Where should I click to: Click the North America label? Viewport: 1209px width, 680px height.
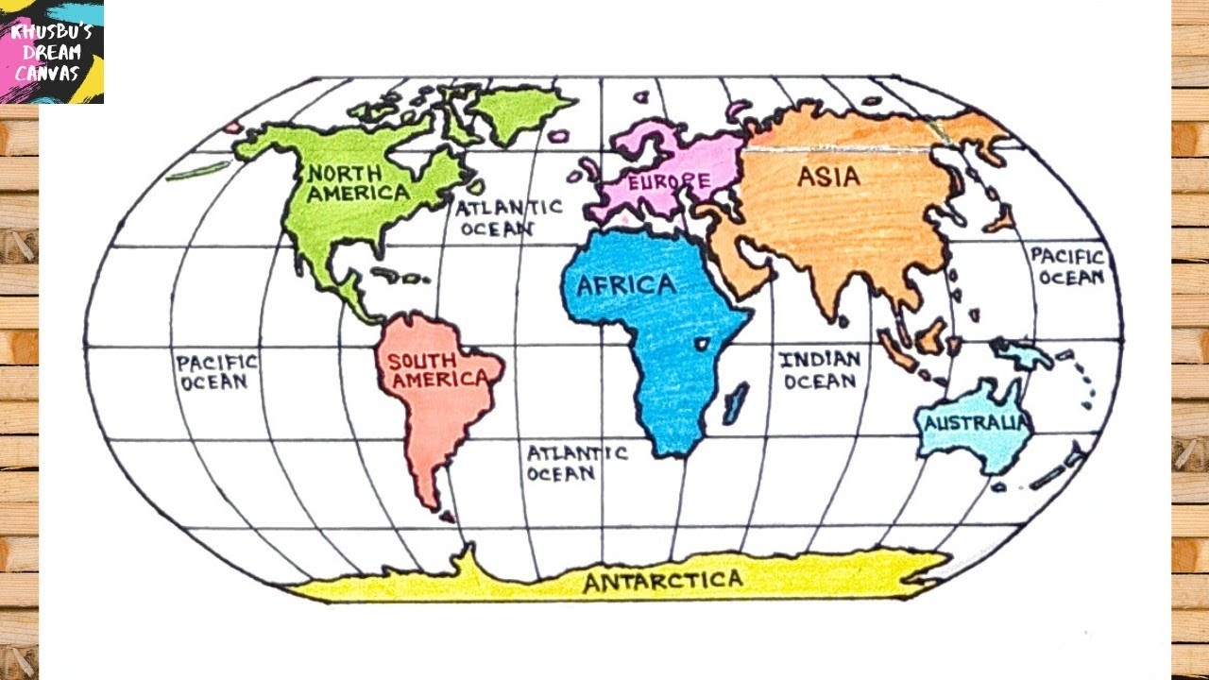(357, 183)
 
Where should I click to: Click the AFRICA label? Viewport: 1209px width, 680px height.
(626, 285)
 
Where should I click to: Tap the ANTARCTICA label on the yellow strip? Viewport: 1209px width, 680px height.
(662, 580)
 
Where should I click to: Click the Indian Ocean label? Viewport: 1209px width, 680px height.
(820, 370)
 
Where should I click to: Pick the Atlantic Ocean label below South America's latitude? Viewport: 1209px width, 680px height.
(576, 463)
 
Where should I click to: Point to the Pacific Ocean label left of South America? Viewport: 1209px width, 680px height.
(215, 371)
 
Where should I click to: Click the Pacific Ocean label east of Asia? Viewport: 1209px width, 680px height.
(1066, 266)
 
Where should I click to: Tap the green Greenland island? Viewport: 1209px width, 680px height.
(516, 111)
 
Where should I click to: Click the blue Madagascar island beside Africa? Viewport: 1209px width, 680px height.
(735, 401)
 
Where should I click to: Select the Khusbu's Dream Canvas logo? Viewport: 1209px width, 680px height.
(52, 51)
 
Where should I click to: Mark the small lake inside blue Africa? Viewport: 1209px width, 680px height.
(703, 342)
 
